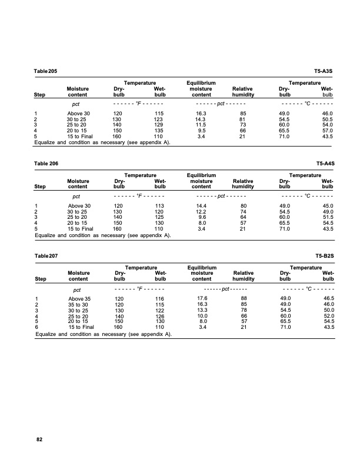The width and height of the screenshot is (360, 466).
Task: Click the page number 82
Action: pos(39,440)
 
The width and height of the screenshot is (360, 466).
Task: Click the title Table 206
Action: pos(46,162)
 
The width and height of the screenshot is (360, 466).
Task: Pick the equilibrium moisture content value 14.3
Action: pos(201,119)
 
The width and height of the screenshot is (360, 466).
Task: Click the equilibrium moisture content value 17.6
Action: pos(201,299)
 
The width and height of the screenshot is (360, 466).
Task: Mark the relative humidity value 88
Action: pos(243,299)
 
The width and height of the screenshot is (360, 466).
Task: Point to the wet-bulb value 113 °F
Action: pos(158,205)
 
